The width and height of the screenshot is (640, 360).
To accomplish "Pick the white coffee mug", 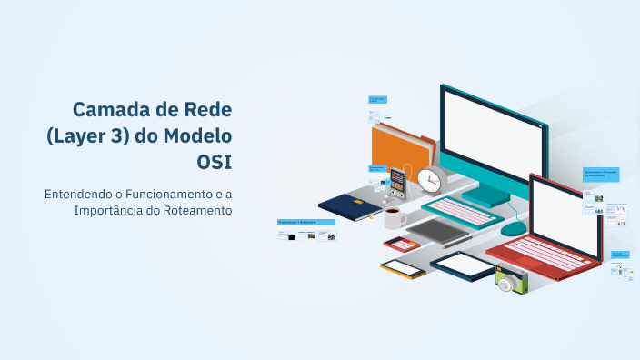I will pos(395,218).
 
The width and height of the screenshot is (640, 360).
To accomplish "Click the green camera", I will pos(511,281).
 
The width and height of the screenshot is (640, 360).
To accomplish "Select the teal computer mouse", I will pos(514,228).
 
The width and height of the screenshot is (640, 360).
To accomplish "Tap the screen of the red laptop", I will pos(564,213).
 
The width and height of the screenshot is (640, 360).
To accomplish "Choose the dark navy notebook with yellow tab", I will pos(350,206).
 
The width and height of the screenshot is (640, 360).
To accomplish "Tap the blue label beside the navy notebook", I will pos(306,222).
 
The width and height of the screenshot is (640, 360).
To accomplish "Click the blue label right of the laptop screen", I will pos(601,174).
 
